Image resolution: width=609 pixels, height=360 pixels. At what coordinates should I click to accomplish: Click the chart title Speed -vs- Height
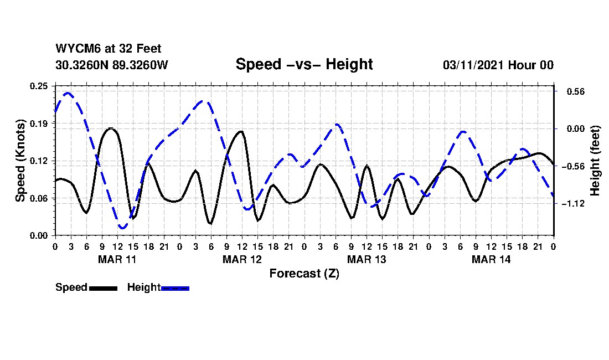pos(304,64)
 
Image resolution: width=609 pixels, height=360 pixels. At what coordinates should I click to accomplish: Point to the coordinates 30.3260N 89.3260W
pos(112,65)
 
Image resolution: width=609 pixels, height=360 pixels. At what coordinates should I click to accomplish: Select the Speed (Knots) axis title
pos(20,161)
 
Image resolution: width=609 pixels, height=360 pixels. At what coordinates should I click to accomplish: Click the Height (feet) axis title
pos(595,161)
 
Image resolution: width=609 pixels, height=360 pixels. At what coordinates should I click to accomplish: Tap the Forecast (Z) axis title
pos(304,273)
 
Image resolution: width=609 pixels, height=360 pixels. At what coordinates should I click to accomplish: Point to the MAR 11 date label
pos(117,259)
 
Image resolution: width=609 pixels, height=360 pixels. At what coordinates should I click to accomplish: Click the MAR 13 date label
pos(366,259)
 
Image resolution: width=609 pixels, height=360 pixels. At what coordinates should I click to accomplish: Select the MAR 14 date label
pos(491,259)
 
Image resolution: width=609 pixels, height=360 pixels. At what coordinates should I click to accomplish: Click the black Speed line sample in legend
pos(103,288)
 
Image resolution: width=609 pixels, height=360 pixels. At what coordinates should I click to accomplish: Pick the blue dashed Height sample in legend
pos(175,288)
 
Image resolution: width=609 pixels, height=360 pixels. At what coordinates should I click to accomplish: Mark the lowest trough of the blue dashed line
pos(122,228)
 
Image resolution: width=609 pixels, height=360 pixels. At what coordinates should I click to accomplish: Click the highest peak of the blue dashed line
pos(68,93)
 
